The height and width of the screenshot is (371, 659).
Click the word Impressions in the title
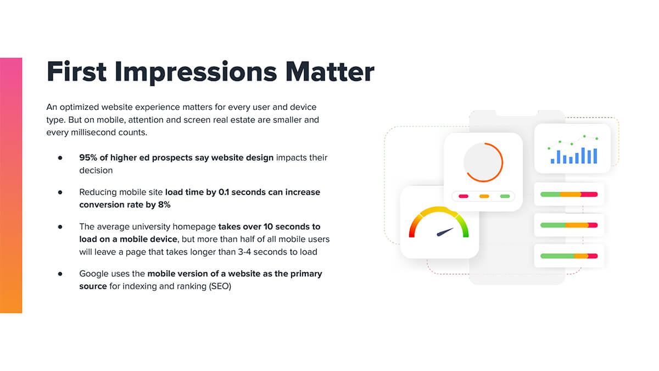[196, 73]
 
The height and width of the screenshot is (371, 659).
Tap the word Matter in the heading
[330, 72]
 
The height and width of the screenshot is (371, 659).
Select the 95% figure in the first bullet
[88, 158]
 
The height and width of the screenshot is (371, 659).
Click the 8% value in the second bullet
[164, 204]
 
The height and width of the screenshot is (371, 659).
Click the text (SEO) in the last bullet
[220, 286]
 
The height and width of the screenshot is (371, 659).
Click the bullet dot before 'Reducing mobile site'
[60, 192]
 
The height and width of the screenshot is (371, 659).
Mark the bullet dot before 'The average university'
[60, 227]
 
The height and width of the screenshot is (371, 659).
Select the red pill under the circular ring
[463, 196]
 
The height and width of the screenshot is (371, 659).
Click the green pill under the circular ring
[505, 196]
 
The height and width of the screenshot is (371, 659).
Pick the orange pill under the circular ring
[484, 196]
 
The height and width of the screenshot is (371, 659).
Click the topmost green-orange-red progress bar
[569, 195]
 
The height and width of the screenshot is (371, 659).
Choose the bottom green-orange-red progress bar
[569, 256]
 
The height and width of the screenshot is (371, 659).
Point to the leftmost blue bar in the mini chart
[552, 161]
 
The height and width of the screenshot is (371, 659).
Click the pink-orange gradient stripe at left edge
[11, 186]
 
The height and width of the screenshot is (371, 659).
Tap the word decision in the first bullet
[96, 170]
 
